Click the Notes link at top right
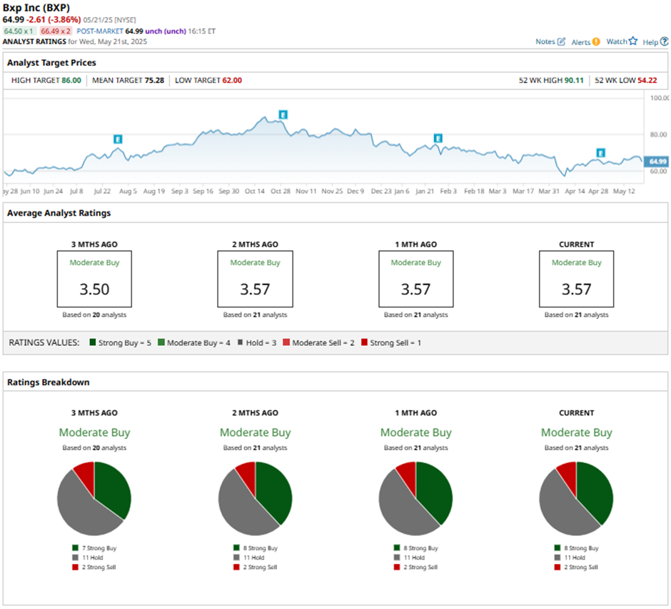[550, 41]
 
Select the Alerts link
[585, 42]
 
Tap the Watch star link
[621, 41]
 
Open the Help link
[655, 42]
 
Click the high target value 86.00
[71, 80]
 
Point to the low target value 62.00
[231, 80]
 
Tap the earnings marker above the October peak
[283, 114]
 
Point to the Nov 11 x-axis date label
[306, 192]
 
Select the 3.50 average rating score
[94, 289]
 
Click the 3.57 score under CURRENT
[576, 289]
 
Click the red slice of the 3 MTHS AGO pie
[84, 474]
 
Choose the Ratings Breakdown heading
[49, 382]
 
